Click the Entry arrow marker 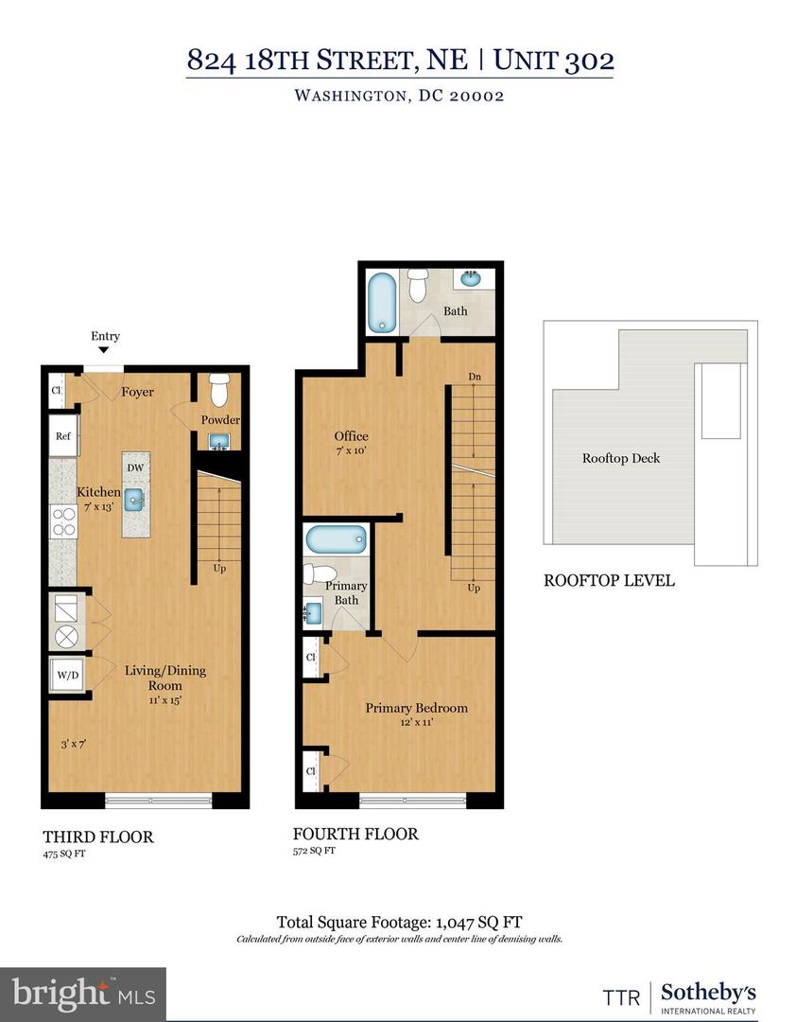[104, 351]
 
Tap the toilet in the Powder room [219, 389]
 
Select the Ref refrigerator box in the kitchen [63, 436]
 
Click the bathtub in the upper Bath [383, 303]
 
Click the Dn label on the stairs [475, 378]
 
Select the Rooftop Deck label [620, 458]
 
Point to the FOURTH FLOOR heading [355, 834]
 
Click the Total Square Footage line [399, 922]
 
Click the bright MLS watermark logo [83, 994]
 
